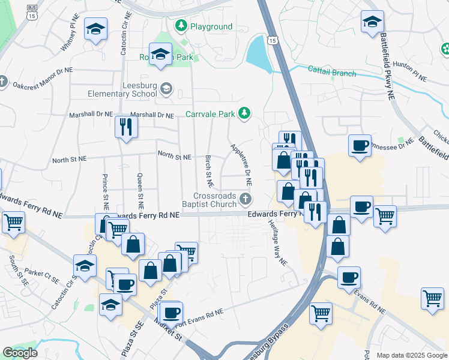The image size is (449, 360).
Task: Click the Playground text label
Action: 211,26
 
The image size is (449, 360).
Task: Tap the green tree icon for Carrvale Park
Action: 244,113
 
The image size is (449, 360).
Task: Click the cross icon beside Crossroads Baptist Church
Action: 244,199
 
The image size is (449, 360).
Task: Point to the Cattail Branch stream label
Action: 332,74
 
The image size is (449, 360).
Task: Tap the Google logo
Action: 20,353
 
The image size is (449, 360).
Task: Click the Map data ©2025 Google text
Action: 411,355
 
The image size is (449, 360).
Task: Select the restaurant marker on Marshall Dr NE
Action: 126,127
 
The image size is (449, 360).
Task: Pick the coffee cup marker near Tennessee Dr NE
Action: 360,146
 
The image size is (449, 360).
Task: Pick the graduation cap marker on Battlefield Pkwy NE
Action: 372,22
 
